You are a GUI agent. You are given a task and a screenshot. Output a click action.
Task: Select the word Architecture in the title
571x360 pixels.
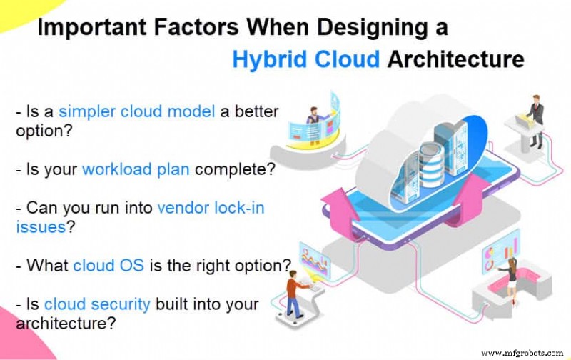point(455,59)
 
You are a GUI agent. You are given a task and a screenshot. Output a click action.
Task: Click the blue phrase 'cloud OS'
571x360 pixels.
point(104,266)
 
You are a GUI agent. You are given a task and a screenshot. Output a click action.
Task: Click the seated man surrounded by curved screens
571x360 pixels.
point(313,121)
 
